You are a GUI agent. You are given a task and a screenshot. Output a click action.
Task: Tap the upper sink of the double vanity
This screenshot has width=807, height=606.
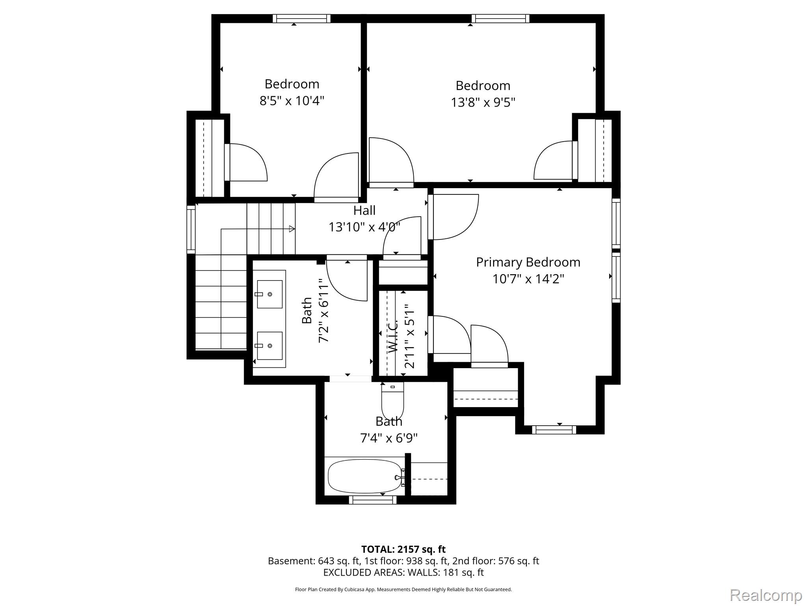coord(270,294)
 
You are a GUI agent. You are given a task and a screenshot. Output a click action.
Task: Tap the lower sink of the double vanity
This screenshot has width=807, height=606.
coord(270,346)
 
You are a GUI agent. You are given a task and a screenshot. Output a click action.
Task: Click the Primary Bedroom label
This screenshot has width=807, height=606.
coord(528,262)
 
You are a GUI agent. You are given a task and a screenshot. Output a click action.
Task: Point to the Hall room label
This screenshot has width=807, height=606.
coord(364,210)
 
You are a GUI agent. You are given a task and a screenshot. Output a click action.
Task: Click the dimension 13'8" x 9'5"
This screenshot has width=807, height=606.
coord(483,103)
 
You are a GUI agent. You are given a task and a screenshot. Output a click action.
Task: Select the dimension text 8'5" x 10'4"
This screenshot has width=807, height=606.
coord(292,101)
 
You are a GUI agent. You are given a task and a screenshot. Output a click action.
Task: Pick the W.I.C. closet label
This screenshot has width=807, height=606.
coord(393,337)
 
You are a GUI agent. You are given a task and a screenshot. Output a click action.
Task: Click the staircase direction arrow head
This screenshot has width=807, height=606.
coord(292,229)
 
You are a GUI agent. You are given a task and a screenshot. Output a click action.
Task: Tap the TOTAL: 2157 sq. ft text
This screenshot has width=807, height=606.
coord(403,549)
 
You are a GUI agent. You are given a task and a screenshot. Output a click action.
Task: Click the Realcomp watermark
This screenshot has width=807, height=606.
coord(766,595)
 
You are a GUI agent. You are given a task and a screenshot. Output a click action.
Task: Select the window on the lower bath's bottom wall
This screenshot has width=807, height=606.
coord(373,500)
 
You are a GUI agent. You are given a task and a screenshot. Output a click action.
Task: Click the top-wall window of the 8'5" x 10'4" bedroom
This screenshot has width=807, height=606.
coord(301,19)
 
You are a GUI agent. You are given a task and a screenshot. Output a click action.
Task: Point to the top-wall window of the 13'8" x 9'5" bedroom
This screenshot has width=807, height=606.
coord(500,19)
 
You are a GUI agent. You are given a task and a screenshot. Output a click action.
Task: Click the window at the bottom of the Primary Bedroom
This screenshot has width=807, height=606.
coord(554,430)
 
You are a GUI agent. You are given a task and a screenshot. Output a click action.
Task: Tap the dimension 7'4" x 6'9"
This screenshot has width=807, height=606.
coord(389,438)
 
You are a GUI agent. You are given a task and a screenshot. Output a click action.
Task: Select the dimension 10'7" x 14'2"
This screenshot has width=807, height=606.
coord(528,279)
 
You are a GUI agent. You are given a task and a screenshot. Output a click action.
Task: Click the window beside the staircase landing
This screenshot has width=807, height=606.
coord(191,229)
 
